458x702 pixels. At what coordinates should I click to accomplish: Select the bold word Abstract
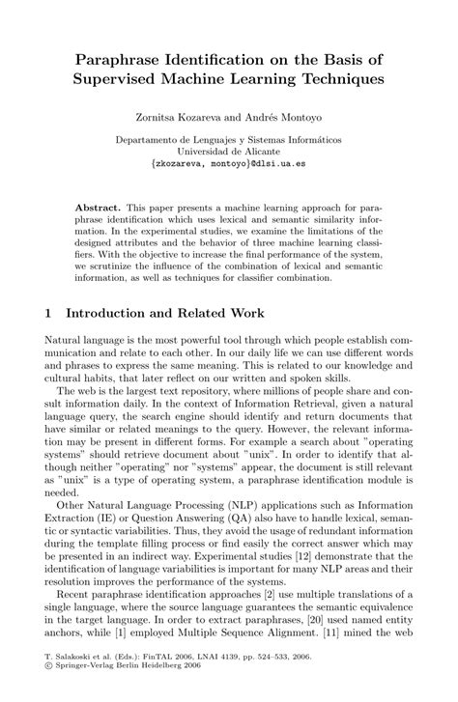click(100, 208)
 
